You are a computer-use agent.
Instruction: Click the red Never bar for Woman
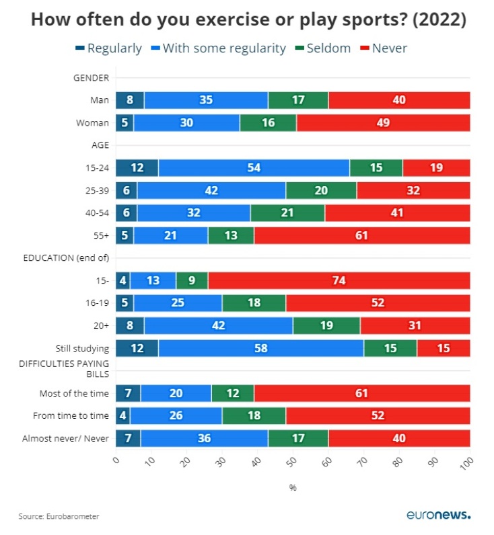383,123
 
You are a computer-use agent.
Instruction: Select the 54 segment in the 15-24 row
254,168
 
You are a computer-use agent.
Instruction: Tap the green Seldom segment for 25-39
321,190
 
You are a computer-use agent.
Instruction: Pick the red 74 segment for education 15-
339,280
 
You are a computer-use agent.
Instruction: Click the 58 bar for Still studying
260,348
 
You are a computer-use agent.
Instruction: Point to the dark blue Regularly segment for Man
129,100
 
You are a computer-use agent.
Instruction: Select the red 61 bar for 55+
361,236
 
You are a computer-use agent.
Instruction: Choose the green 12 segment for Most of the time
232,393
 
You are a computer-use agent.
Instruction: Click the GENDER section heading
91,78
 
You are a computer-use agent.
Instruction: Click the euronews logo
438,515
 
